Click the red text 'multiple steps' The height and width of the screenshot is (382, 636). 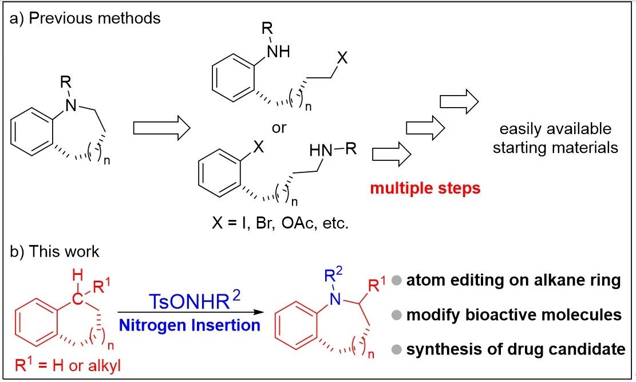click(425, 188)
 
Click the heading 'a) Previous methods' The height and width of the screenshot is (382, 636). click(86, 18)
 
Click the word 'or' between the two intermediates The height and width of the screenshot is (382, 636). click(279, 127)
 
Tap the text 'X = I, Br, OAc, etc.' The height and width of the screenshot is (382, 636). click(287, 223)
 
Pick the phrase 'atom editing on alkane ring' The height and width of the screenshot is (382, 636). click(513, 281)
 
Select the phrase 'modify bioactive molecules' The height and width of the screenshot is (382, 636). click(514, 314)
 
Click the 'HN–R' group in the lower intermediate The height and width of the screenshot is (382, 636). click(334, 152)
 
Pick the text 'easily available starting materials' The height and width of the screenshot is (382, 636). click(556, 137)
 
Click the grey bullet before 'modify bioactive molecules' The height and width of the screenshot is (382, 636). click(396, 315)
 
